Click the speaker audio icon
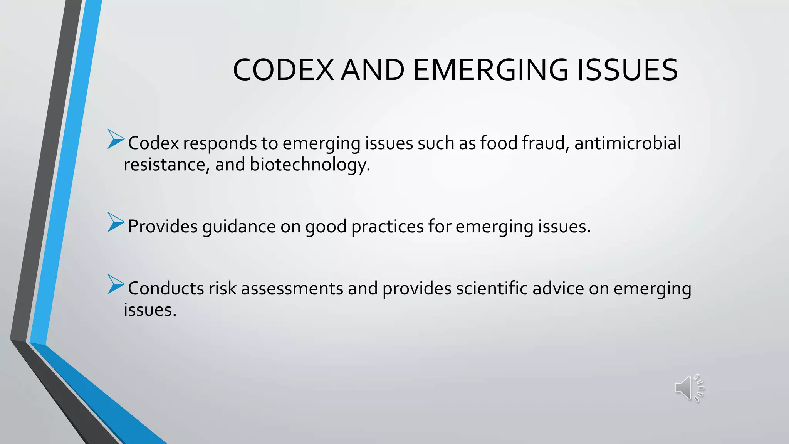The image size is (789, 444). pos(689,388)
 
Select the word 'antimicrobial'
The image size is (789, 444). pos(628,143)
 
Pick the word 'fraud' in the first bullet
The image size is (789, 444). pos(546,143)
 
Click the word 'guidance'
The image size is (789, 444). pos(239,227)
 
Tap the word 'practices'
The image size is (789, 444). pos(387,227)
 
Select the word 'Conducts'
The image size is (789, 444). pos(166,288)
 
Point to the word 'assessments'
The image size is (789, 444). pos(292,288)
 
